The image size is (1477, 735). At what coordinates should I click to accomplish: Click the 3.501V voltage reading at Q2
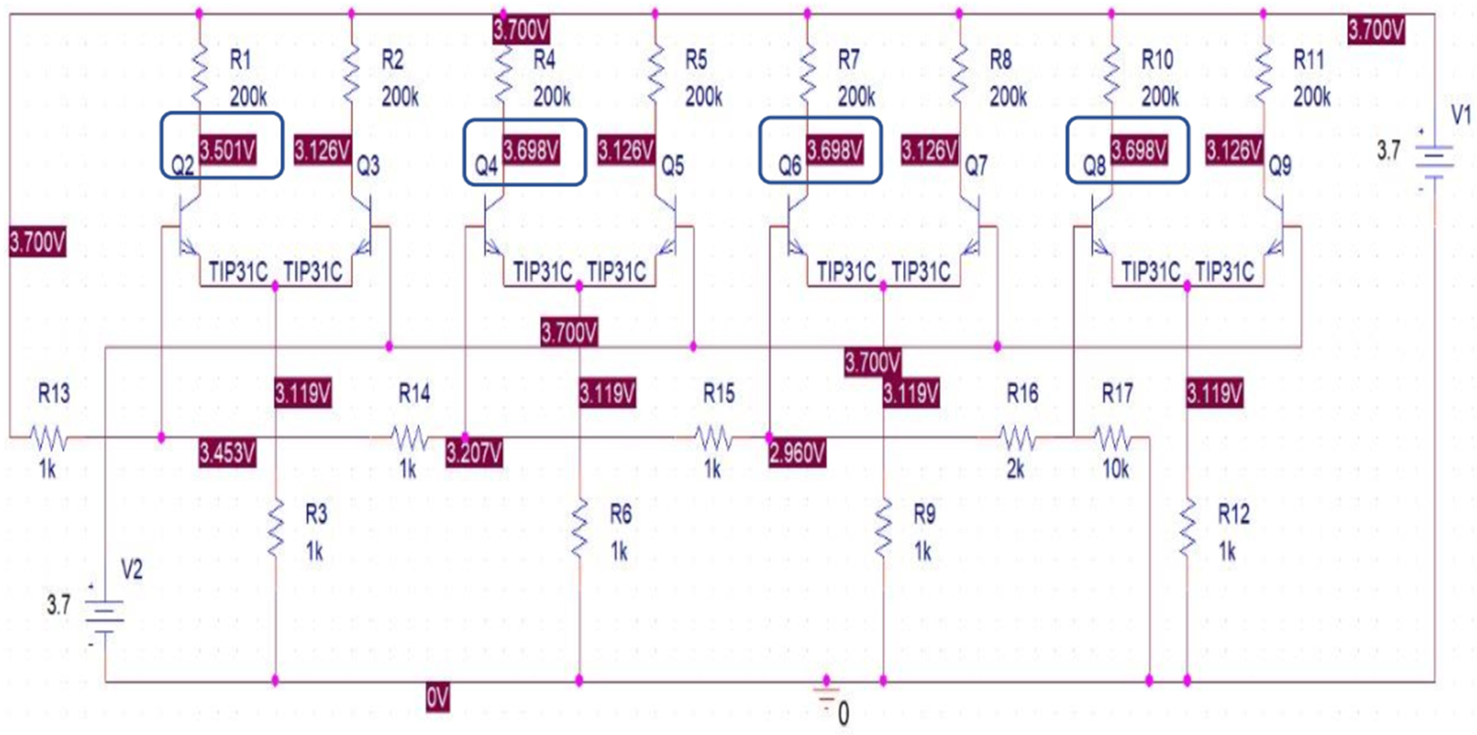coord(228,151)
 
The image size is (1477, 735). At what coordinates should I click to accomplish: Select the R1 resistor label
coord(240,60)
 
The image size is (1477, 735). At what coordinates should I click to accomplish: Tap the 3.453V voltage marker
coord(228,453)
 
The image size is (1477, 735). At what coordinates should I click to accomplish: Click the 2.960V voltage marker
coord(797,453)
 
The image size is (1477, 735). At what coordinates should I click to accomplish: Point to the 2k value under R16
coord(1015,469)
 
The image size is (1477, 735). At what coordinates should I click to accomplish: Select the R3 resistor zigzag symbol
coord(276,527)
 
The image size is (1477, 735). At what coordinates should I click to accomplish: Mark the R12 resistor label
coord(1233,514)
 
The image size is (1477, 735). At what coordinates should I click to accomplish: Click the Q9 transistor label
coord(1280,166)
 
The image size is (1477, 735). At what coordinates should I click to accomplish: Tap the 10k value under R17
coord(1115,469)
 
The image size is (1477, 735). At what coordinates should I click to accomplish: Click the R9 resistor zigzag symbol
coord(883,527)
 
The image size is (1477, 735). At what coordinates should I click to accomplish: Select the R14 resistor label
coord(414,394)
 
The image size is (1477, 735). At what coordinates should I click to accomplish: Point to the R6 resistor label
coord(620,514)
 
